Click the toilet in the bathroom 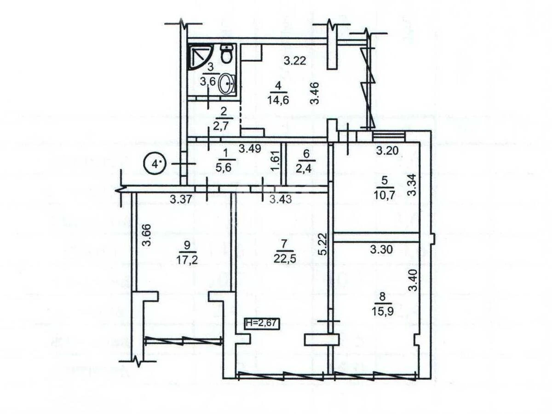226,55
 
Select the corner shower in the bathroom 198,56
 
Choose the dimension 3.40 414,279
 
